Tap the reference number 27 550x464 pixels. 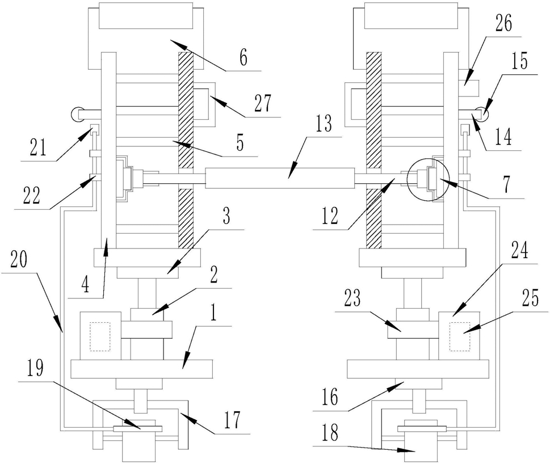tap(263, 104)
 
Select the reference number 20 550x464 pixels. tap(19, 260)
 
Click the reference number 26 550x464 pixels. tap(503, 23)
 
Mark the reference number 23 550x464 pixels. tap(352, 298)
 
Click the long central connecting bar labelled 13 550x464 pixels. tap(280, 178)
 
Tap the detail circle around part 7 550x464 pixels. tap(407, 179)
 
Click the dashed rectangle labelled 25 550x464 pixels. tap(460, 336)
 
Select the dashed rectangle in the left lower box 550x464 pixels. tap(100, 336)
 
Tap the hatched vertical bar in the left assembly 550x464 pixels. tap(186, 150)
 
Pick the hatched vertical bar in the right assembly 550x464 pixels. tap(373, 150)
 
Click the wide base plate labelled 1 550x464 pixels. tap(142, 369)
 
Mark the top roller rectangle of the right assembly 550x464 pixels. tap(412, 15)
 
